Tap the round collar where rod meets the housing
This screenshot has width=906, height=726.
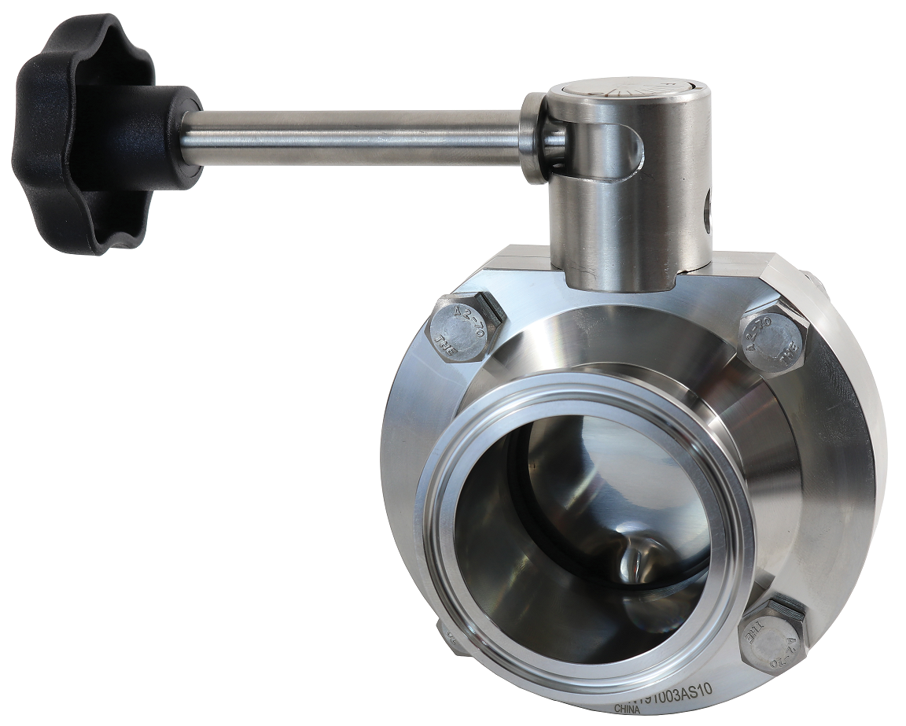[535, 138]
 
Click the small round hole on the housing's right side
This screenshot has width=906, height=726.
[705, 208]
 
